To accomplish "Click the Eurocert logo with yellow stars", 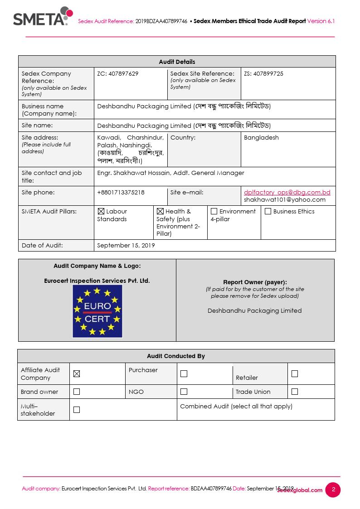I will pos(97,311).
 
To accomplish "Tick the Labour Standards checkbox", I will pos(101,211).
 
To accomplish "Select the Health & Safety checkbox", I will pos(160,211).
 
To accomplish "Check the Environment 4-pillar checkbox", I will pos(214,211).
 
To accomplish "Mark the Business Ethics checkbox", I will pos(268,211).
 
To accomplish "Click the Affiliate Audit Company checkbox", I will pos(77,374).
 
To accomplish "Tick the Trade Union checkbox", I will pos(295,391).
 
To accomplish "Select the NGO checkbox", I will pos(184,391).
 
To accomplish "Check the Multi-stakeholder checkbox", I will pos(77,410).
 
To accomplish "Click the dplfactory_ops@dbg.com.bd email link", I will pos(287,192).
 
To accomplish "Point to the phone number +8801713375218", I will pos(121,192).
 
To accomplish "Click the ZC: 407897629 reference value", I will pos(118,73).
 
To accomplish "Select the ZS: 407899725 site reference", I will pos(263,73).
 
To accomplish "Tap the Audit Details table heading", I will pos(177,62).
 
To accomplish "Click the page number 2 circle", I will pos(333,490).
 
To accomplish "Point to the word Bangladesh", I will pos(261,137).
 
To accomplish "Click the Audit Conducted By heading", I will pos(176,356).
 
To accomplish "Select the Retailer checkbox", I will pos(295,374).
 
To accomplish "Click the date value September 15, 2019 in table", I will pos(126,245).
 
